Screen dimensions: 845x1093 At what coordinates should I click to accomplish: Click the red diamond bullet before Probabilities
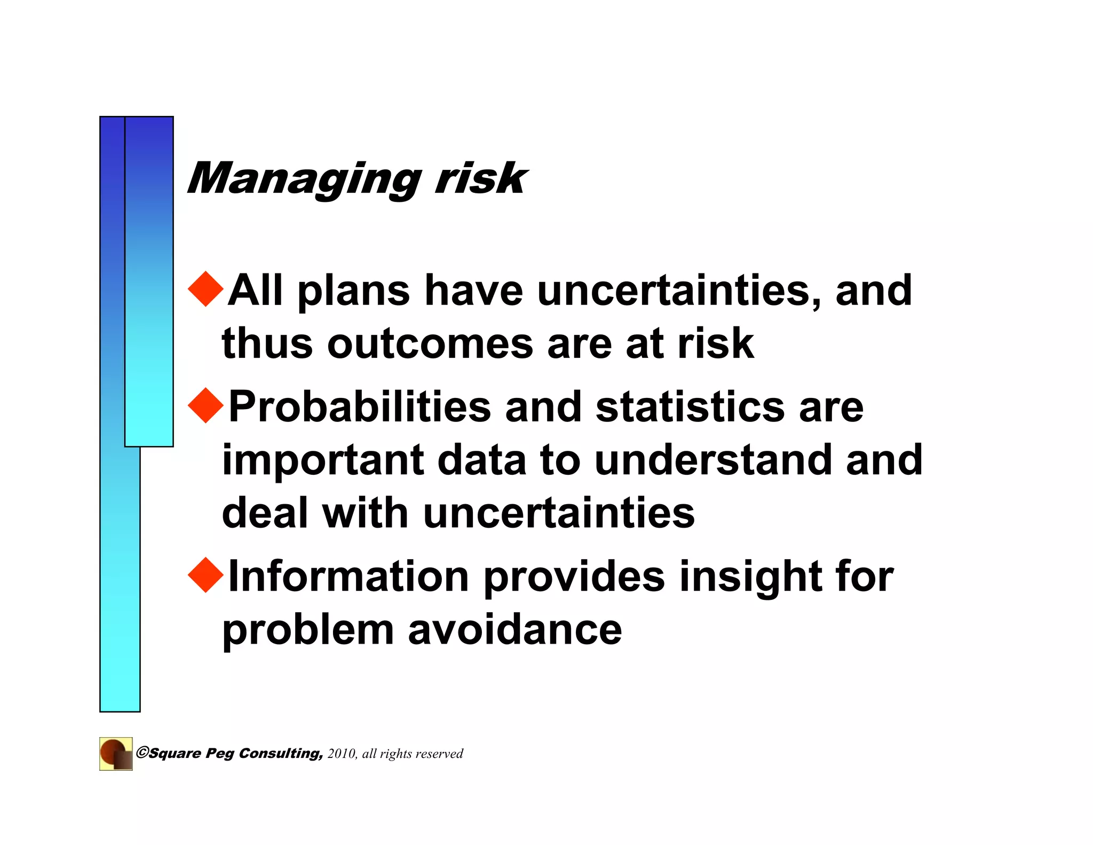[206, 406]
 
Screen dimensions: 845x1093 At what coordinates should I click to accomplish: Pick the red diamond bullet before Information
[206, 575]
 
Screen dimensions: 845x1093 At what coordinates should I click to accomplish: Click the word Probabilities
[359, 407]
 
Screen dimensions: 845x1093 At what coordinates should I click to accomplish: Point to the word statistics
[690, 407]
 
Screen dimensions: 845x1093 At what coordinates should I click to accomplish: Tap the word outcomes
[430, 343]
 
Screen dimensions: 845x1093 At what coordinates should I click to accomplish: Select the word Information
[349, 576]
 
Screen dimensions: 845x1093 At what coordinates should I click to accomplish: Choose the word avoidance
[515, 629]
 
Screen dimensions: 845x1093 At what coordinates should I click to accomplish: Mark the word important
[323, 460]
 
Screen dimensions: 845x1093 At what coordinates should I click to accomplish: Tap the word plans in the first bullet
[353, 292]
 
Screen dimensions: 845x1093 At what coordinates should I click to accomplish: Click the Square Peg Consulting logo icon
[116, 754]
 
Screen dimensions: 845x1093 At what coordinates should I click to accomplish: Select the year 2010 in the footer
[342, 754]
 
